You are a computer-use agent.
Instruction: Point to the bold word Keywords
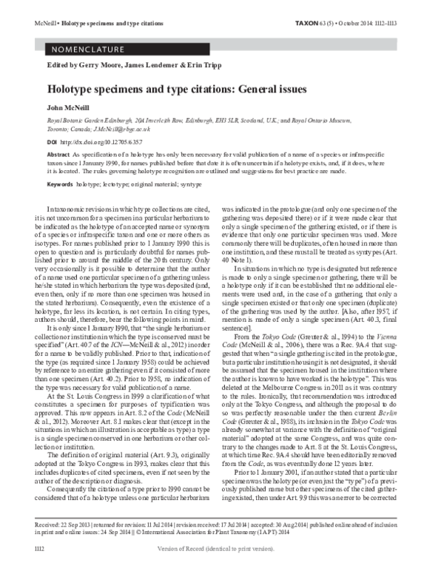pyautogui.click(x=61, y=183)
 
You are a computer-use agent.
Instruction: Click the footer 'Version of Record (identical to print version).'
pyautogui.click(x=221, y=566)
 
